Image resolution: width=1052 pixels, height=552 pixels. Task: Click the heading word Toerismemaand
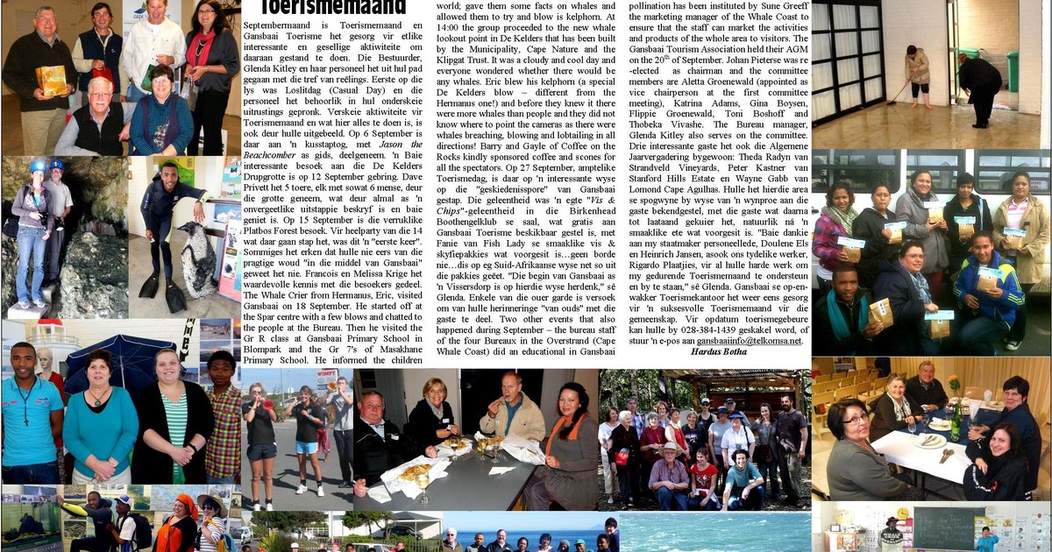[x=332, y=8]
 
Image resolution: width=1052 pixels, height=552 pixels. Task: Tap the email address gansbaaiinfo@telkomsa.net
[x=750, y=340]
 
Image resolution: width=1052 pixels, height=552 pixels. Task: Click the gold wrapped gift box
[x=51, y=81]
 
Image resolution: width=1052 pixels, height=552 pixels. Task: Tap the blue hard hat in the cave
[x=38, y=165]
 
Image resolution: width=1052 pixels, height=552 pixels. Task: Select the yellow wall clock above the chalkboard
[x=902, y=512]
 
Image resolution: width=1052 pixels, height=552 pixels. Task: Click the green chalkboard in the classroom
[x=943, y=527]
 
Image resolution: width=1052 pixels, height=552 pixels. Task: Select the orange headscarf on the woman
[x=185, y=506]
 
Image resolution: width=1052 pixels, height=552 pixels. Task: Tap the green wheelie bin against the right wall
[x=1013, y=70]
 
